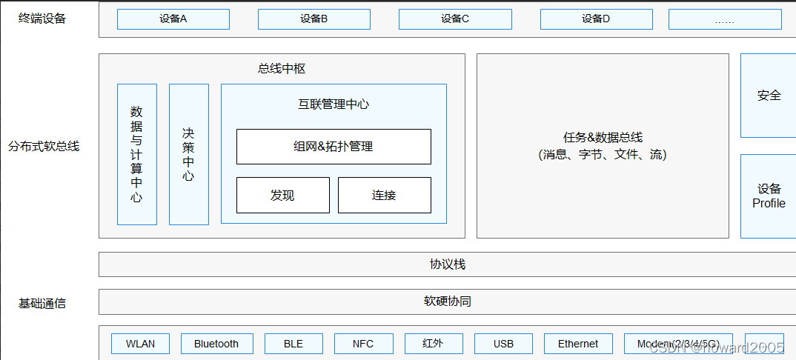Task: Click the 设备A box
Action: (x=173, y=19)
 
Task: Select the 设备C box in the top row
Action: (x=455, y=19)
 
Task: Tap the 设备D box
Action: (x=596, y=19)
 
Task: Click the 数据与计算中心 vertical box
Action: (x=136, y=154)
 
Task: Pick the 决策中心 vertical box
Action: (x=188, y=154)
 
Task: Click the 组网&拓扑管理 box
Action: (x=334, y=147)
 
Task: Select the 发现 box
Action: (x=282, y=196)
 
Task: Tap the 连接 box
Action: (x=384, y=196)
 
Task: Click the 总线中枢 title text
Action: (x=282, y=69)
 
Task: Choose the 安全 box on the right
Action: (x=769, y=96)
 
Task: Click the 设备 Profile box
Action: (x=769, y=196)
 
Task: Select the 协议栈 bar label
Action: (x=448, y=264)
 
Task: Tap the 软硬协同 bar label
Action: (x=448, y=301)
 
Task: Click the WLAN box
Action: (x=140, y=344)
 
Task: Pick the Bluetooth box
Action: (x=216, y=344)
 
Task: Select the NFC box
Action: (x=362, y=344)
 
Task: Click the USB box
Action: (x=503, y=344)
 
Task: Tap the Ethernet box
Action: (x=577, y=344)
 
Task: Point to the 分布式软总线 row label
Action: (x=44, y=147)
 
